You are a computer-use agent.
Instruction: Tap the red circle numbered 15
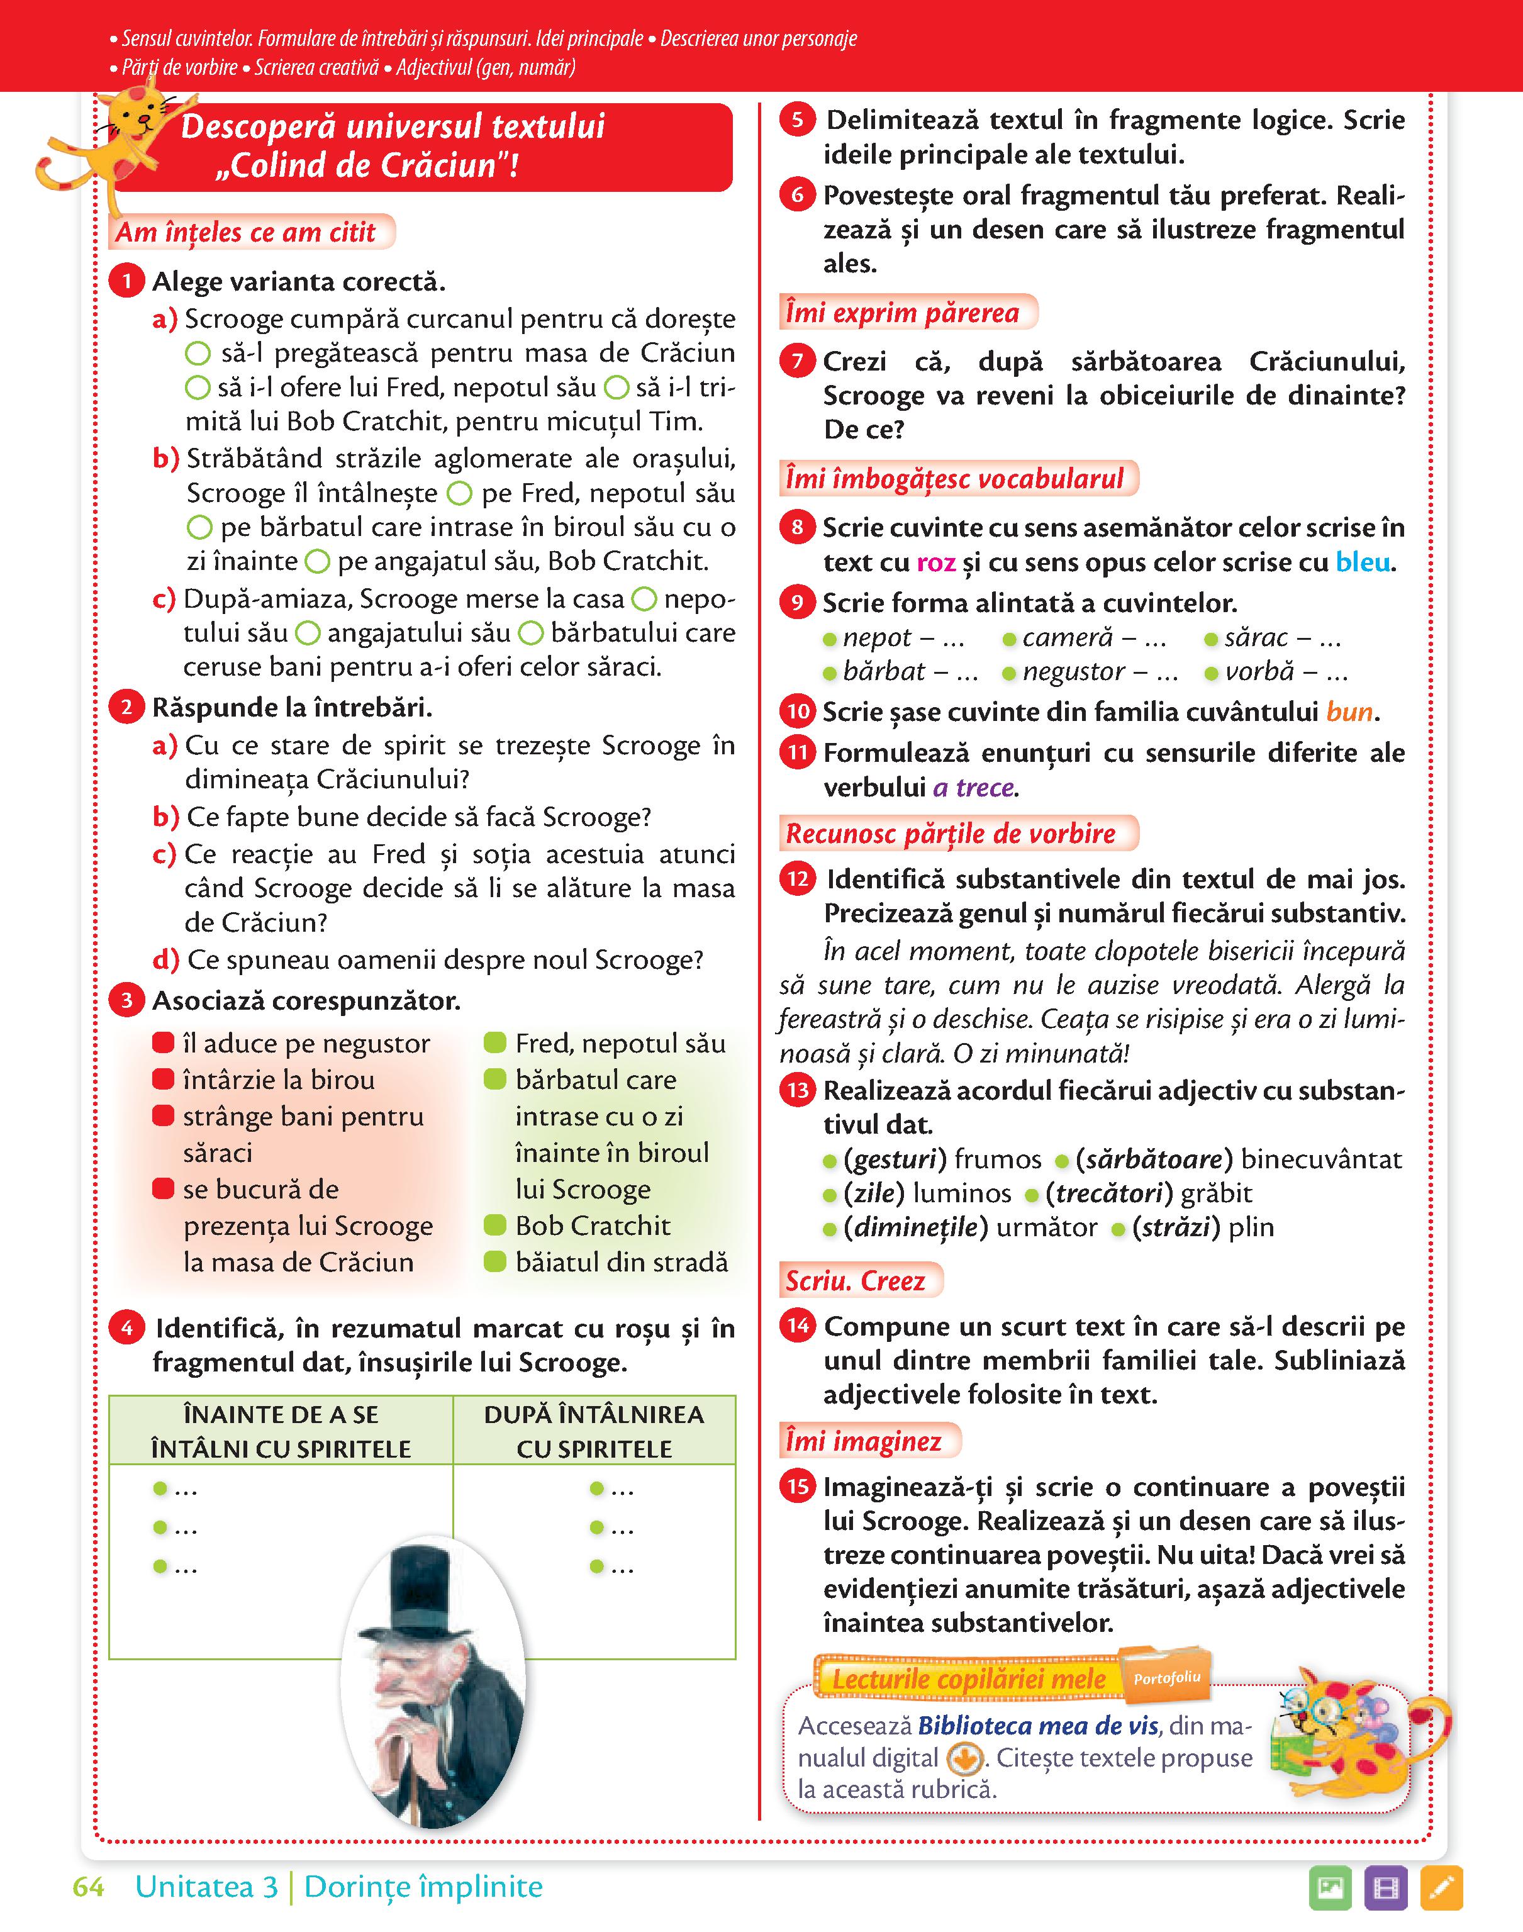797,1486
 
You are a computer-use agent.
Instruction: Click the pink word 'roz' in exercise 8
935,562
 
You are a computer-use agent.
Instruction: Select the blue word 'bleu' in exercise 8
1363,562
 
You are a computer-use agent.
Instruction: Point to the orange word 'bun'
1349,712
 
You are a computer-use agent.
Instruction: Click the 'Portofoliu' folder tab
1166,1677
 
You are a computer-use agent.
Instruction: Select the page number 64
88,1887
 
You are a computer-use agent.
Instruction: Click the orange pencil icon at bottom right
1441,1889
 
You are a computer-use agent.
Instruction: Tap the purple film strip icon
1386,1889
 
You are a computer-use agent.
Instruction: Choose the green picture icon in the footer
1331,1889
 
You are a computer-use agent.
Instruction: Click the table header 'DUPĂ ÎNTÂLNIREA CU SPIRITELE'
594,1431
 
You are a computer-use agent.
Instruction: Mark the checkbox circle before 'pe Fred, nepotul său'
459,493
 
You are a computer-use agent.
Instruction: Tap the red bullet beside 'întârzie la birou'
163,1080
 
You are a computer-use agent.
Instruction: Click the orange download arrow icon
964,1759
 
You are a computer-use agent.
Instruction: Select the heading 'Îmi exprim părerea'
902,313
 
